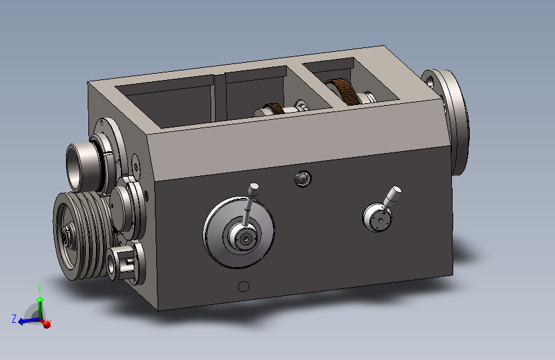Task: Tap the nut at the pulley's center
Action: click(65, 234)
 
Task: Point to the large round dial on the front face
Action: click(239, 232)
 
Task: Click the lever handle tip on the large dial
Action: click(253, 187)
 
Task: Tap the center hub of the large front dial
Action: click(245, 239)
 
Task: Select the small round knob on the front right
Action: click(377, 217)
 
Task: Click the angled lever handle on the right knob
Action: click(392, 197)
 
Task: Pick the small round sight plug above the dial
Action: click(303, 179)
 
